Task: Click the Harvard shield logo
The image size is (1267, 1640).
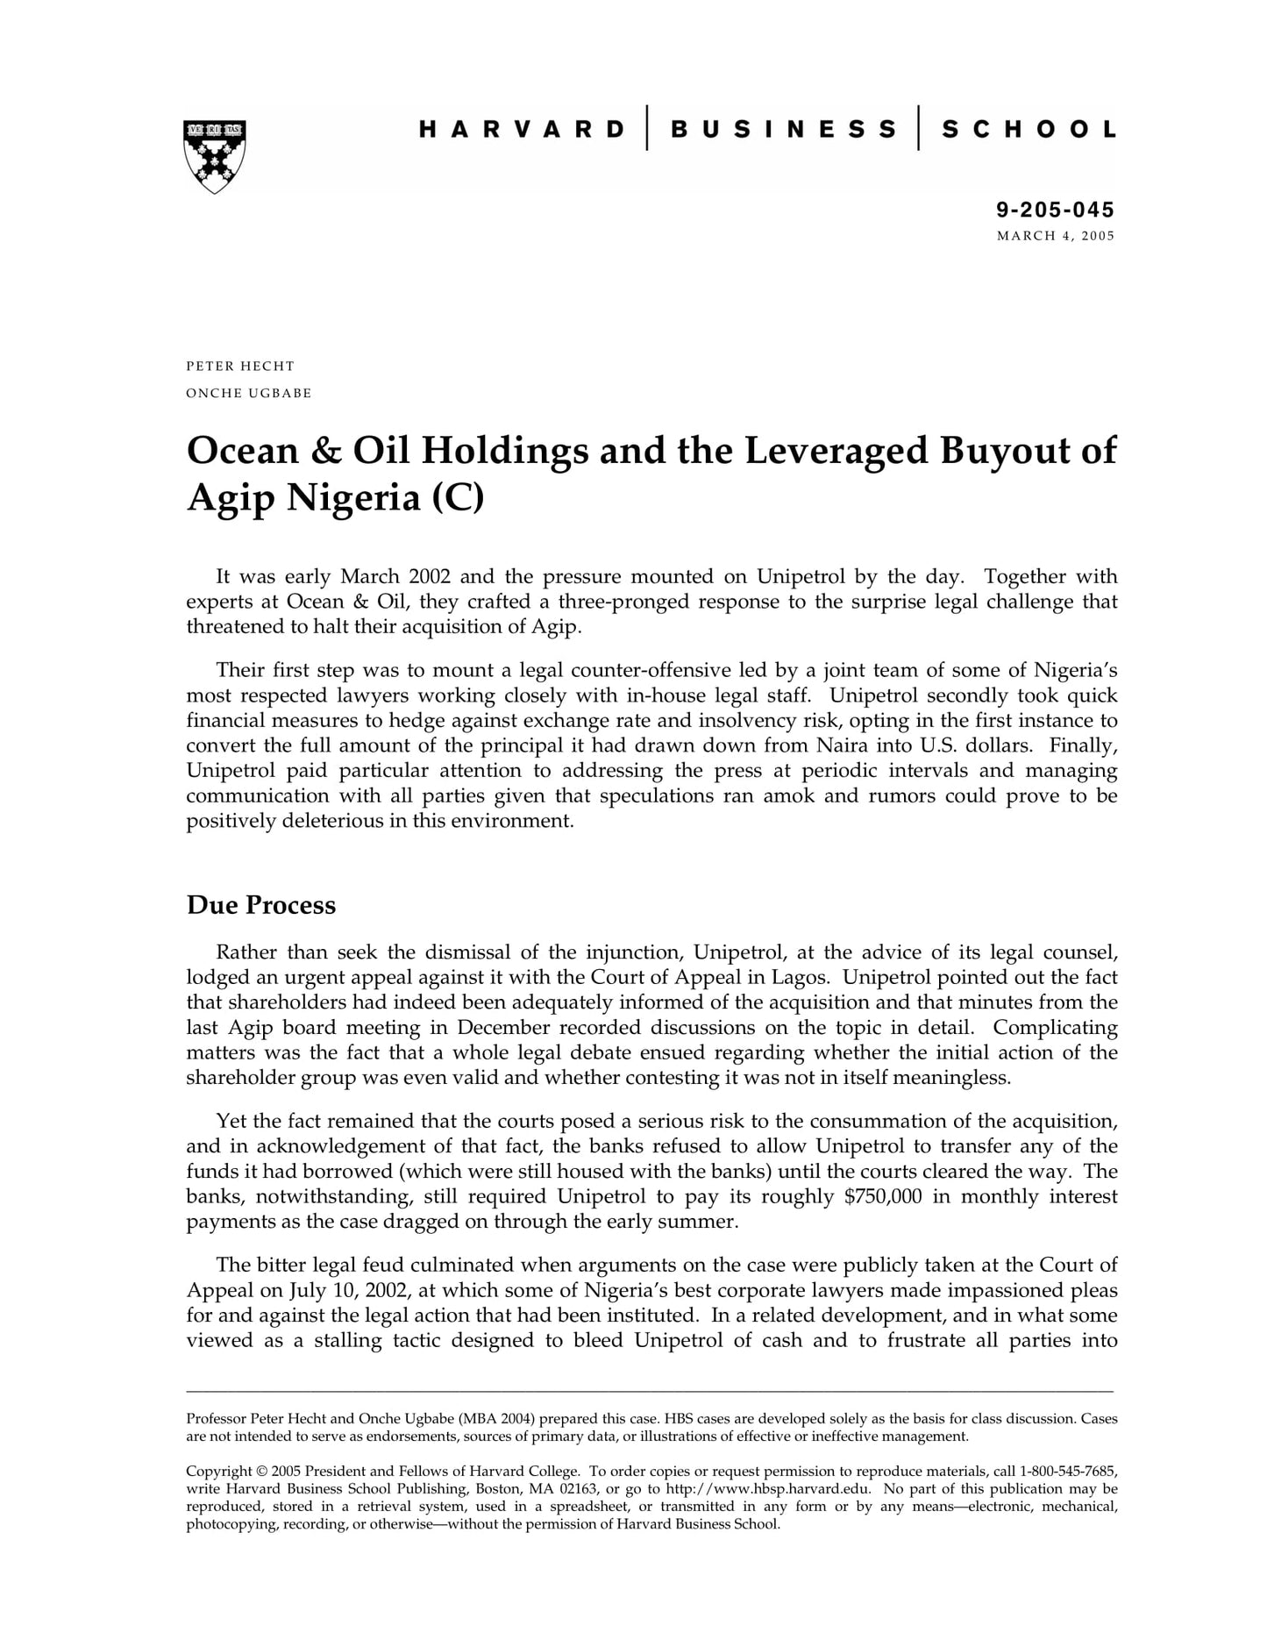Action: (x=215, y=156)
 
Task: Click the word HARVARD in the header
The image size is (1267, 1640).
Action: (x=523, y=130)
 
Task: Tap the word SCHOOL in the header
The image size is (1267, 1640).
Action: (x=1029, y=130)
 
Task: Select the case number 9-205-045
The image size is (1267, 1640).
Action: (x=1055, y=210)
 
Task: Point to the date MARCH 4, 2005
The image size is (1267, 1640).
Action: (x=1056, y=236)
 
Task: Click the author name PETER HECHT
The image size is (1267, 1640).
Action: (x=240, y=366)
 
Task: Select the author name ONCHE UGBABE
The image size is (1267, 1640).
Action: (x=249, y=393)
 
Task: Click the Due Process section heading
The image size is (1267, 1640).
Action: (x=261, y=905)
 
